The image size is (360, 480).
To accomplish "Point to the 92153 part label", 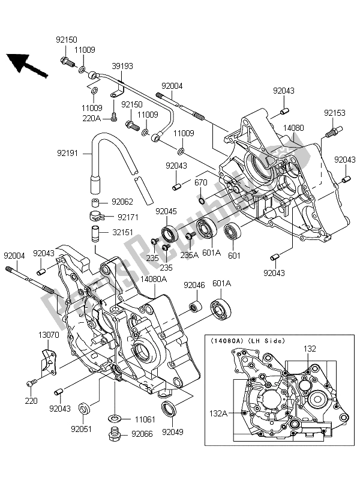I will (x=336, y=112).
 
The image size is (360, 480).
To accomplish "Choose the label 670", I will (x=201, y=183).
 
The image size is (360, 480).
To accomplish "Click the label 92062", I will (x=122, y=202).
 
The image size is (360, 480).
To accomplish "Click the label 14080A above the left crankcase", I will (x=154, y=279).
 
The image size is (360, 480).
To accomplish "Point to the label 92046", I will (x=194, y=286).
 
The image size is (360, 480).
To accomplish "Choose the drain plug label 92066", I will (x=143, y=434).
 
